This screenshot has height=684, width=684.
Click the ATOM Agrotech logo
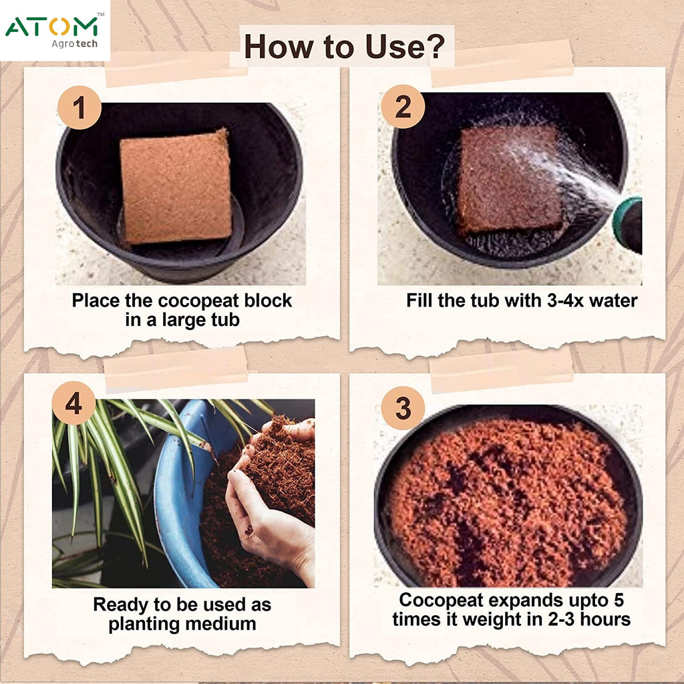point(53,30)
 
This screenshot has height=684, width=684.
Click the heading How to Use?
point(343,47)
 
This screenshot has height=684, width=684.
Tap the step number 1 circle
point(79,108)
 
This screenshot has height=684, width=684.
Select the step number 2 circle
point(403,107)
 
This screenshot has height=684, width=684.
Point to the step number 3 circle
point(403,408)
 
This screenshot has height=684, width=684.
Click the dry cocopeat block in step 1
point(176,186)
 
